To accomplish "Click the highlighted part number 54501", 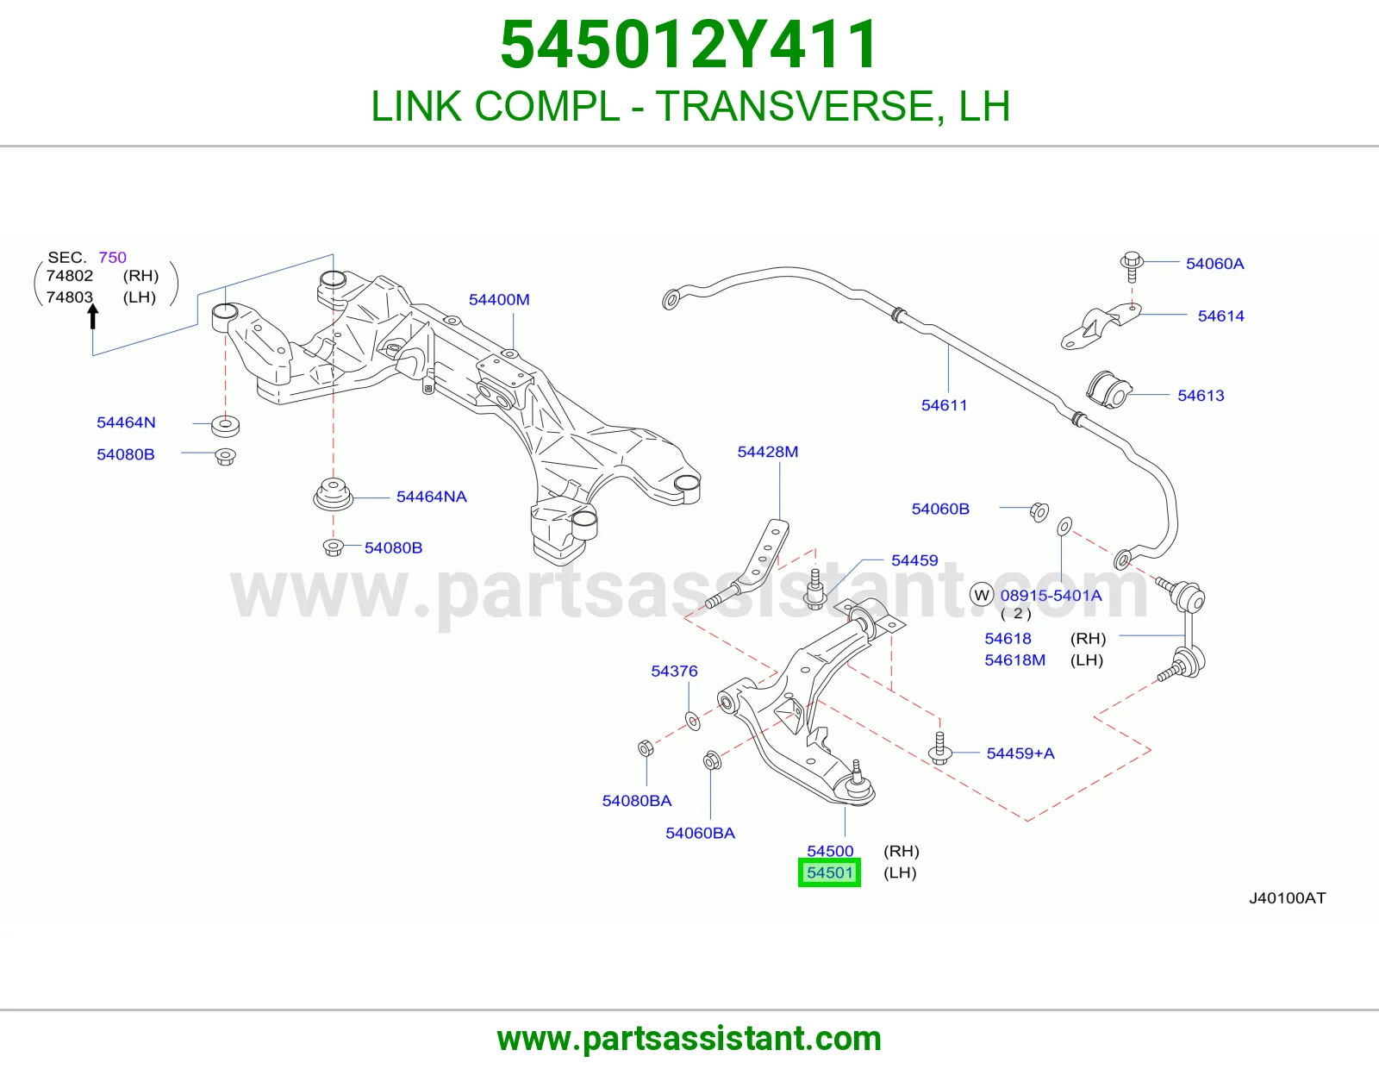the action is (x=829, y=872).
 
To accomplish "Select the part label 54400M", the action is (x=499, y=300).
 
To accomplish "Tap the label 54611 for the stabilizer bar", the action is (x=944, y=405).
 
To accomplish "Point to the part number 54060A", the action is (x=1214, y=264).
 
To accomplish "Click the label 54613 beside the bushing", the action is (x=1201, y=396).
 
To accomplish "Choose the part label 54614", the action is (x=1220, y=316).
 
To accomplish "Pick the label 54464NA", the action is (x=432, y=497).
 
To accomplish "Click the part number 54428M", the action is (x=767, y=452).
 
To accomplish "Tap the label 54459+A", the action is (x=1020, y=753).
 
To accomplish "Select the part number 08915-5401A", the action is (x=1051, y=596).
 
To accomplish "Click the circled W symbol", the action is (x=982, y=595).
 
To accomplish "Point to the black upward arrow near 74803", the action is (x=93, y=316).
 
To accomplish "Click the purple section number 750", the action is (x=112, y=257).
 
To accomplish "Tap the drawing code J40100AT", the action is (x=1287, y=898).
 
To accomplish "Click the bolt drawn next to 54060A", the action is (x=1132, y=267).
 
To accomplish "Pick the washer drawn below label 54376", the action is (x=693, y=721).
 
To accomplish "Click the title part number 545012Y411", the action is (x=689, y=45).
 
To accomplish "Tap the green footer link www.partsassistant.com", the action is (x=689, y=1039).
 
